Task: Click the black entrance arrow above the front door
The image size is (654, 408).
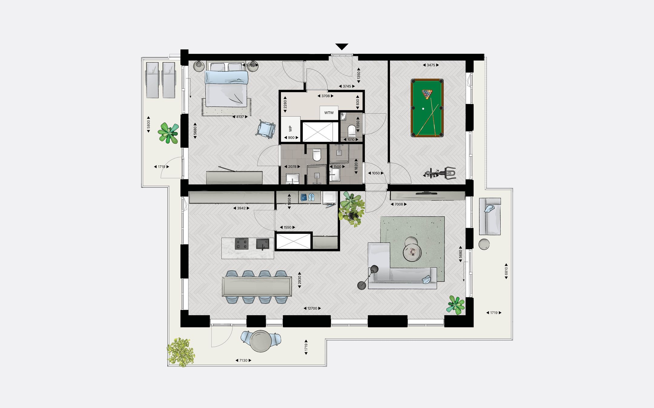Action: click(x=342, y=47)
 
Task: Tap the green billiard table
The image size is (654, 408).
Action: click(x=427, y=108)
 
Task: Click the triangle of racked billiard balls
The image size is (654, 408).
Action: click(x=427, y=94)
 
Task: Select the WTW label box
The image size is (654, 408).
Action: click(x=329, y=113)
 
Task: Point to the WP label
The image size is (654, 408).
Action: click(x=290, y=128)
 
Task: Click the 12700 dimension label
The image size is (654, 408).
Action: click(x=312, y=308)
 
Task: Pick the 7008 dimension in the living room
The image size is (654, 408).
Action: click(x=398, y=204)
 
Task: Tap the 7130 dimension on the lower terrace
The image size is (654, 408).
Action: click(x=243, y=360)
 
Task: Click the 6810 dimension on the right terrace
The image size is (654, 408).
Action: click(x=506, y=271)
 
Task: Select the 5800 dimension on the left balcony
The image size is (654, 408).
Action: click(x=148, y=124)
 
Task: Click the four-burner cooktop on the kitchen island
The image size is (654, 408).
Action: click(x=242, y=244)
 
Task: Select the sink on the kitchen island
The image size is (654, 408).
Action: click(x=262, y=244)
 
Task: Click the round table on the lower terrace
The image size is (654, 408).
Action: click(x=261, y=341)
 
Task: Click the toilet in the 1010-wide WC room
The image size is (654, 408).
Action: click(x=352, y=131)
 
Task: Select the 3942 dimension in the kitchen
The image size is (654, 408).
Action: click(x=241, y=208)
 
